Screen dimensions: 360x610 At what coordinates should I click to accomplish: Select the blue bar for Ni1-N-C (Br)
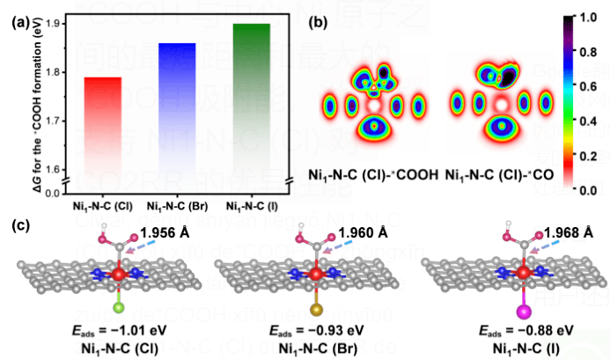(171, 106)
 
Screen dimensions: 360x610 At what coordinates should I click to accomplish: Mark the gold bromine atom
(315, 309)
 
